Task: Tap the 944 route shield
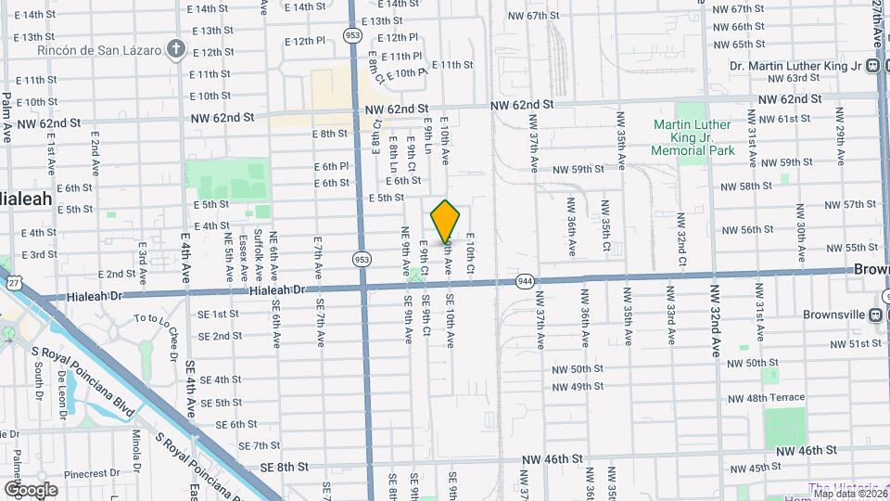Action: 525,280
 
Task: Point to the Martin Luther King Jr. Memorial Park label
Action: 692,137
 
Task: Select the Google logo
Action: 30,489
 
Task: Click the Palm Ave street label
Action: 6,116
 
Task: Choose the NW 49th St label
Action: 578,386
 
